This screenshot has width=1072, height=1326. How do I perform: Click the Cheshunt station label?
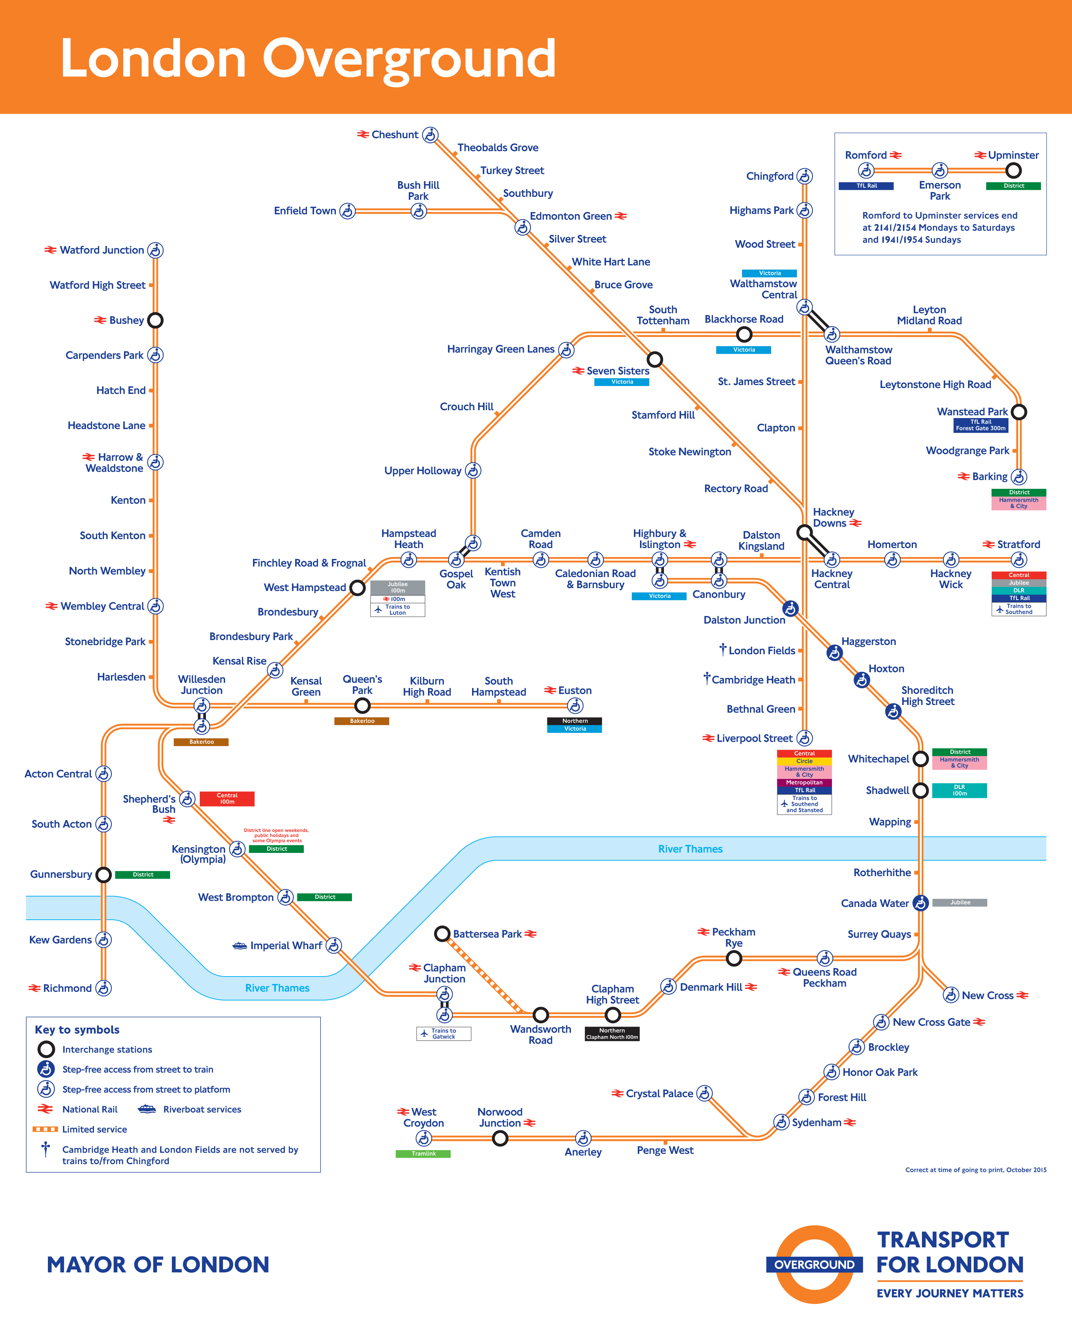(x=394, y=135)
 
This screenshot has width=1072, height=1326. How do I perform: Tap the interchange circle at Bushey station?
(x=155, y=321)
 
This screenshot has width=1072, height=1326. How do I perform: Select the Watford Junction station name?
(x=102, y=250)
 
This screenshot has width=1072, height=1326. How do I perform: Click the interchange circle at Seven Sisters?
(x=655, y=359)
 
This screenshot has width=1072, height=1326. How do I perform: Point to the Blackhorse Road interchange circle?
(x=744, y=334)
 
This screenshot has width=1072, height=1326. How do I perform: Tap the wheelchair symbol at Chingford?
(x=804, y=177)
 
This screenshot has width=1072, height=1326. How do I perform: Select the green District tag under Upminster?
(x=1013, y=186)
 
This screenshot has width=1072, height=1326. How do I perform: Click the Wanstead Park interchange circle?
(x=1019, y=412)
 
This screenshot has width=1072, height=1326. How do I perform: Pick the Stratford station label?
(x=1018, y=545)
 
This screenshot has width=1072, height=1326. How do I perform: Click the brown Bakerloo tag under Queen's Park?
(x=362, y=721)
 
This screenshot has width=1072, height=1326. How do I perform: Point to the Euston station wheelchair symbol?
(x=575, y=706)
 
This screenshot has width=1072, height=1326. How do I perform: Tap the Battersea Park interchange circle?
(x=442, y=934)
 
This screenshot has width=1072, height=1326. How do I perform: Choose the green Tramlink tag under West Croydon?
(x=423, y=1154)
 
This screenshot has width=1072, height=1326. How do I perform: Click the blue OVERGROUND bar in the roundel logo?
(x=814, y=1265)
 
